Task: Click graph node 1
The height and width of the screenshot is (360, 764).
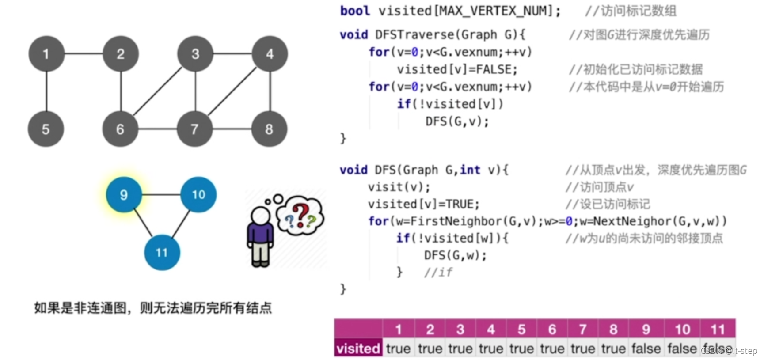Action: coord(46,54)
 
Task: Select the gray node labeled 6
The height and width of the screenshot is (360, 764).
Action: coord(120,129)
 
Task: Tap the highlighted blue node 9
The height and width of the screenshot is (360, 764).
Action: coord(124,195)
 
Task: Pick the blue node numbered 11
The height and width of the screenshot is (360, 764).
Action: coord(162,252)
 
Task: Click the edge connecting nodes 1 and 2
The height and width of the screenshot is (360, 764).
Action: coord(84,54)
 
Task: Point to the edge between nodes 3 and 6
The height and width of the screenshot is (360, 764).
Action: coord(158,91)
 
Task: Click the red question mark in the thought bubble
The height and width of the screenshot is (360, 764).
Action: coord(300,214)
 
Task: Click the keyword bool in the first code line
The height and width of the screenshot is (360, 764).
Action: coord(355,11)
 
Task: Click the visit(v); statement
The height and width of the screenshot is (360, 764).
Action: coord(399,187)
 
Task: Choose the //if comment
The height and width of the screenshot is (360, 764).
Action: coord(438,272)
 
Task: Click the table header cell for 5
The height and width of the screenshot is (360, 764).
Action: coord(521,329)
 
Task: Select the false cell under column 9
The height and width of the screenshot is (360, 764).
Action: coord(646,349)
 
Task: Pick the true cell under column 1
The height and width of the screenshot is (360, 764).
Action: coord(398,349)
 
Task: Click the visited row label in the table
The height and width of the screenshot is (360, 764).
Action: coord(358,349)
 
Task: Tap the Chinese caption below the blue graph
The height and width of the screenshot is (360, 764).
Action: coord(153,307)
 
